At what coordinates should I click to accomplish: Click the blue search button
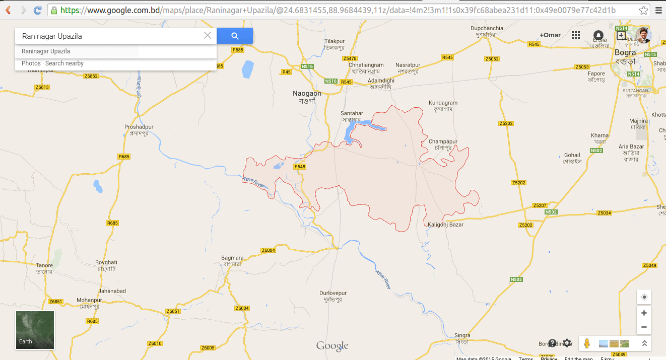click(x=235, y=36)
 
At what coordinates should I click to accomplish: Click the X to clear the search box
click(x=208, y=36)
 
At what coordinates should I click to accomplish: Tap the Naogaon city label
click(x=307, y=94)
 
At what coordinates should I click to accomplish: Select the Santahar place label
click(x=352, y=114)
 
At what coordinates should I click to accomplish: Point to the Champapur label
click(x=443, y=142)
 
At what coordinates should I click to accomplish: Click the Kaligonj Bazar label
click(x=445, y=225)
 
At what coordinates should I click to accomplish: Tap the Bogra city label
click(x=625, y=52)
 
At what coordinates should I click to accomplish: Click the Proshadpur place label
click(x=139, y=127)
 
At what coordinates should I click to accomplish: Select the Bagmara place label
click(x=232, y=258)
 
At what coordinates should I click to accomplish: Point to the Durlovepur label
click(x=333, y=293)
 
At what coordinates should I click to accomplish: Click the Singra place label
click(x=462, y=335)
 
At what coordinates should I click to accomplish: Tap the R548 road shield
click(x=300, y=167)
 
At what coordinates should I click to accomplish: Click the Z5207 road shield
click(x=540, y=205)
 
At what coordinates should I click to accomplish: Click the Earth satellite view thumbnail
click(x=35, y=330)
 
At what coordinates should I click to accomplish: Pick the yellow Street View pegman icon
click(x=586, y=343)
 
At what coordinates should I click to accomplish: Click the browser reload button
click(x=37, y=10)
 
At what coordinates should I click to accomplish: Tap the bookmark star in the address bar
click(x=643, y=10)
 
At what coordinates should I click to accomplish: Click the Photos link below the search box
click(x=31, y=63)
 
